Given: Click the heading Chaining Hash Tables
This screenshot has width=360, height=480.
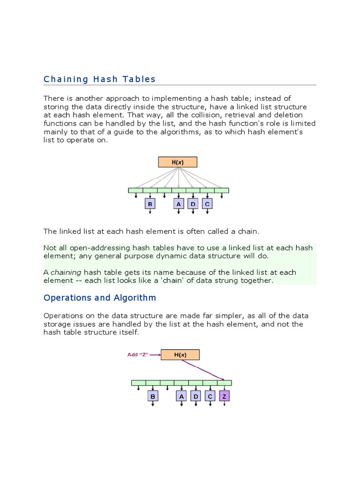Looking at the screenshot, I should [x=99, y=79].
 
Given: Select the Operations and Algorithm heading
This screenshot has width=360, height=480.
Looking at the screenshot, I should [x=99, y=298].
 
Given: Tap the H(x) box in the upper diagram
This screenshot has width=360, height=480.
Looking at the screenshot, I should [x=178, y=162].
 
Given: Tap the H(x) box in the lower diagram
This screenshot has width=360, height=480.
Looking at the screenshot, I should [x=180, y=355].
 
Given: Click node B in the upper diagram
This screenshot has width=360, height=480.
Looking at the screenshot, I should [x=150, y=204].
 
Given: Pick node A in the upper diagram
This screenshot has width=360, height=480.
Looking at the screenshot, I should [x=179, y=204].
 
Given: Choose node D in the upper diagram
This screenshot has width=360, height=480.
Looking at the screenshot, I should [x=193, y=204].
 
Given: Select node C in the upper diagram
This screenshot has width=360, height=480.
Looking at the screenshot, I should [x=207, y=204].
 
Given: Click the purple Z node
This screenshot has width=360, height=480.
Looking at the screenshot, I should [x=225, y=397].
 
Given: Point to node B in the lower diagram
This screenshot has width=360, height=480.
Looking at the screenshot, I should [x=152, y=397].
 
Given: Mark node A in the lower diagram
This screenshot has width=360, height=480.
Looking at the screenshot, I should [x=181, y=397].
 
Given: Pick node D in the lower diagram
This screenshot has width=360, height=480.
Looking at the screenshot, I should [x=196, y=397].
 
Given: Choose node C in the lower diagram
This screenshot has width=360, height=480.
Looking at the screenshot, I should [x=210, y=397].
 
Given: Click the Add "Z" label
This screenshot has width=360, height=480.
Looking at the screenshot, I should [x=138, y=355].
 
